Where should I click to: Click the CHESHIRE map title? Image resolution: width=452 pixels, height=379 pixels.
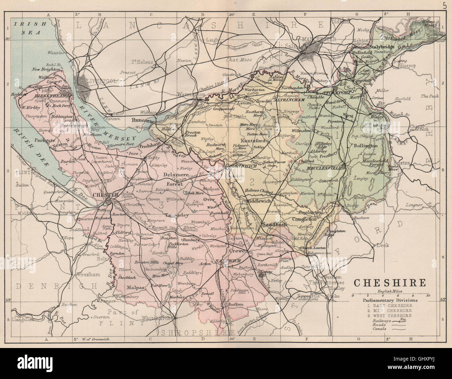[389, 282]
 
